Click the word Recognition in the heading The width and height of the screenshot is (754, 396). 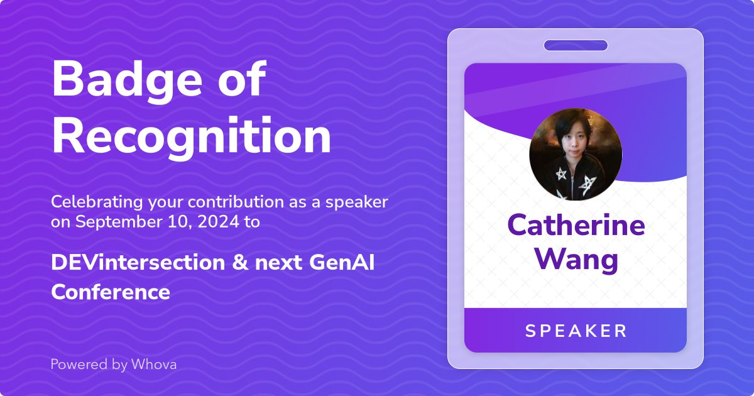191,136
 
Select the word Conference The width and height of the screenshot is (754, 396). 111,292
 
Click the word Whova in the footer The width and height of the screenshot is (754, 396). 154,364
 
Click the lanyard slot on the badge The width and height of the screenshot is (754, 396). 576,45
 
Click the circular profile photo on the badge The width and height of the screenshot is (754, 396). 576,154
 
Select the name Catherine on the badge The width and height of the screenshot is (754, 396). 576,225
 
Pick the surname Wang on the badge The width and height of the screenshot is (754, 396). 576,259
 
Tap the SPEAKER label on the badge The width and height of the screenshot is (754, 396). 576,331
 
